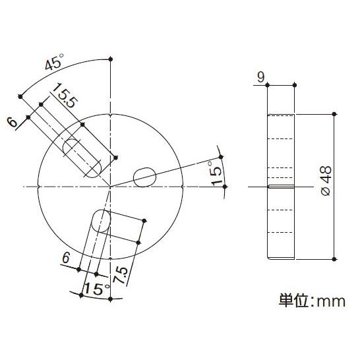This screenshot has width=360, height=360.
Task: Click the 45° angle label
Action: (x=54, y=65)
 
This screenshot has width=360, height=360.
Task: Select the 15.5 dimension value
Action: (x=67, y=97)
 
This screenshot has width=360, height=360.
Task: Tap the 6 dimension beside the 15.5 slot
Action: (x=11, y=122)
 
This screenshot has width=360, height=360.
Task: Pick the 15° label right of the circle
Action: (x=214, y=173)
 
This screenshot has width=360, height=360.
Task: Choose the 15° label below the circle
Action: (x=96, y=288)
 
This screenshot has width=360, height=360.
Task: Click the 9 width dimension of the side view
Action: (x=261, y=78)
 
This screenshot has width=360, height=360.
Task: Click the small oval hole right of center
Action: (x=144, y=176)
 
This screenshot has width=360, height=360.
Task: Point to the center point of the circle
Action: (x=110, y=187)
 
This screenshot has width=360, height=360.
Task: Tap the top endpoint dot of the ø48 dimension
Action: (x=335, y=114)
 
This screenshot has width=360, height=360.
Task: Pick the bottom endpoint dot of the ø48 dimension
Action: (x=335, y=259)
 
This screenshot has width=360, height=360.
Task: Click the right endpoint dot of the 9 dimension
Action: (x=294, y=84)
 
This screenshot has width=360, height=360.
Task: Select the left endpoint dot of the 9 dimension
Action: (x=268, y=84)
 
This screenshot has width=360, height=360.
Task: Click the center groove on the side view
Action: (x=281, y=187)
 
